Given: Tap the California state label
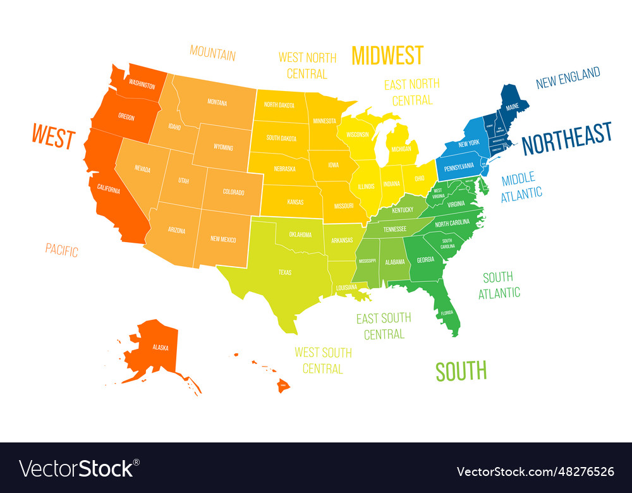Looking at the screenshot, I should point(108,188).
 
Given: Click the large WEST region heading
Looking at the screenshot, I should point(54,137).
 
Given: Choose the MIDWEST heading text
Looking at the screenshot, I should point(387,56).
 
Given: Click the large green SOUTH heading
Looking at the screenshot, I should point(461,371).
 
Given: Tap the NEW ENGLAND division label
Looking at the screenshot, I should point(568,78).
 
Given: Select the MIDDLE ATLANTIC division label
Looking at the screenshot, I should point(521,186).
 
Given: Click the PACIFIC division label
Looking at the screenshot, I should point(62,250).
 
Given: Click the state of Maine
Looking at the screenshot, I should point(512,106).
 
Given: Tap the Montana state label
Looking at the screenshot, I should point(217,102).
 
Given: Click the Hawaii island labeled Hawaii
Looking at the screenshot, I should point(283,384).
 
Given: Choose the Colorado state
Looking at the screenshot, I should point(233,192).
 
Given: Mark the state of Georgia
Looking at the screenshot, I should point(425,259).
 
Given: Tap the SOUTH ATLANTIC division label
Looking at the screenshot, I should point(499,284).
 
